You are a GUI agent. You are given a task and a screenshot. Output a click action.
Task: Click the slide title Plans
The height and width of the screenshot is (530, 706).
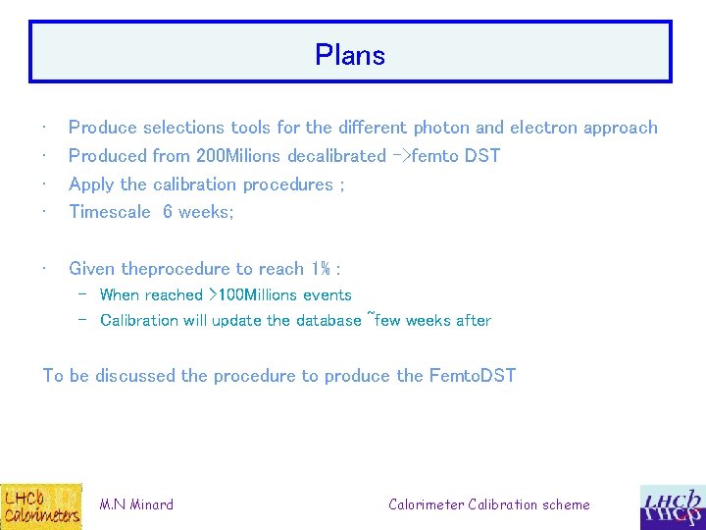[350, 55]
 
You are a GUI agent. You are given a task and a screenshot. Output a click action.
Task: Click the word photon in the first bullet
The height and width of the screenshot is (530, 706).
[441, 128]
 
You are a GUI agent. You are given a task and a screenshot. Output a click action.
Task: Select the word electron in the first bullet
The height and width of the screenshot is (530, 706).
[542, 128]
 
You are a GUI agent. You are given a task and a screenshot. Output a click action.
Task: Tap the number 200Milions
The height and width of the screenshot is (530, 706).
[239, 156]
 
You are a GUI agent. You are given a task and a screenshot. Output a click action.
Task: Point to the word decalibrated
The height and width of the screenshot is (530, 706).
[335, 156]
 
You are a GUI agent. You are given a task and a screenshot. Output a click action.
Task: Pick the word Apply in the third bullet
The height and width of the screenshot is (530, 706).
[91, 185]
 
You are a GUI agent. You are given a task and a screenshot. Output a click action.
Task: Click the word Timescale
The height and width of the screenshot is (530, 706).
[110, 212]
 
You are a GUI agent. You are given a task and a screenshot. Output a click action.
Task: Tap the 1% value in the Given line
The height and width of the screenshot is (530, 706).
[320, 269]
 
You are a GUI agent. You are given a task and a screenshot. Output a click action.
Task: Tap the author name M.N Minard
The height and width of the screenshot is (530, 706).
[136, 504]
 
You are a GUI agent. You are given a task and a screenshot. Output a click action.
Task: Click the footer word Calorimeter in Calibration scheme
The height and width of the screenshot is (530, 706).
[427, 504]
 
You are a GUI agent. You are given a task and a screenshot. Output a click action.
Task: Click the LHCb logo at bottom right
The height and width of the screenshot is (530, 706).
[672, 506]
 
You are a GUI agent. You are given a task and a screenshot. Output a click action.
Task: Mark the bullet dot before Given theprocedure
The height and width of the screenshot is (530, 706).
[46, 269]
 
